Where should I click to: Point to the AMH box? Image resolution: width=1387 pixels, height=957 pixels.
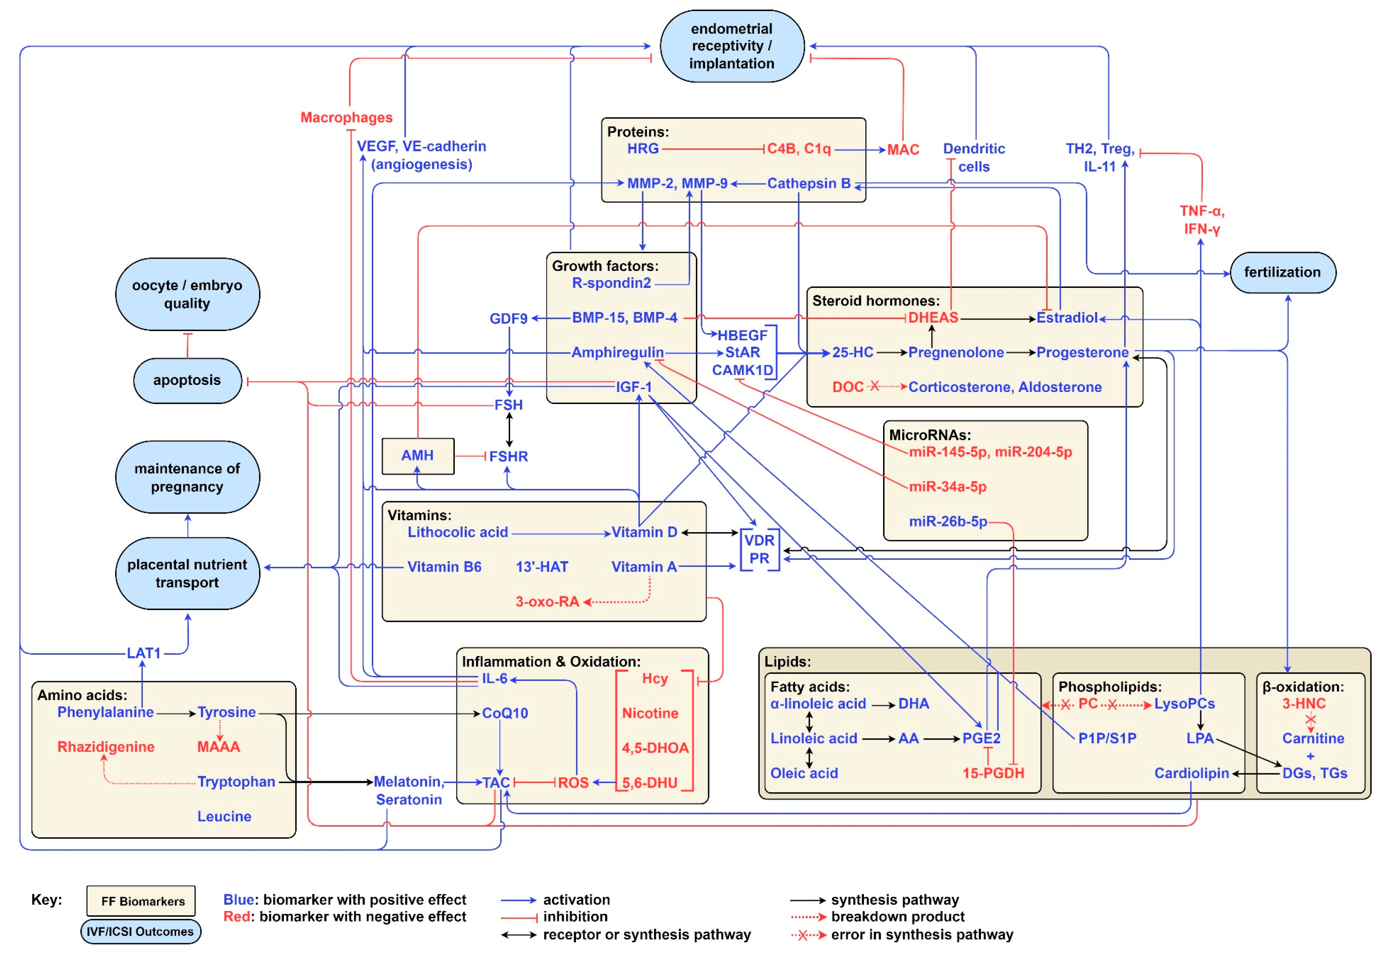tap(418, 456)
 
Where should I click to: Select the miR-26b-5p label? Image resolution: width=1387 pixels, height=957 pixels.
tap(947, 521)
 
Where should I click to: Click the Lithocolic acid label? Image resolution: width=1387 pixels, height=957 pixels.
tap(457, 533)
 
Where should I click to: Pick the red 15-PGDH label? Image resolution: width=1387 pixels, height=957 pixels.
tap(993, 774)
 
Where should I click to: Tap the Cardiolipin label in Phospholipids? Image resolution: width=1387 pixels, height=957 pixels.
tap(1191, 774)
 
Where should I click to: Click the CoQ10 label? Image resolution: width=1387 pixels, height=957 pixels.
tap(505, 713)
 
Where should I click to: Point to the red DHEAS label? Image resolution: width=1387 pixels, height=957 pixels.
tap(933, 318)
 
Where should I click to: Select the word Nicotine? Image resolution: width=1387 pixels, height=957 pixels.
tap(650, 713)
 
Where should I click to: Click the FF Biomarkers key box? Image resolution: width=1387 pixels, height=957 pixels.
tap(141, 901)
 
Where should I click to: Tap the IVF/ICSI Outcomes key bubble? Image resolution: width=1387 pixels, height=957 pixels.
tap(140, 932)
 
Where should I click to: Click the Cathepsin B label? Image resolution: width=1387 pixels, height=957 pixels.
tap(808, 183)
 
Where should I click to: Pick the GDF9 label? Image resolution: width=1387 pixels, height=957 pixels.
tap(508, 319)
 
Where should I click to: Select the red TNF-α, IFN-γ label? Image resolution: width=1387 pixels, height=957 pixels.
tap(1202, 220)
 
